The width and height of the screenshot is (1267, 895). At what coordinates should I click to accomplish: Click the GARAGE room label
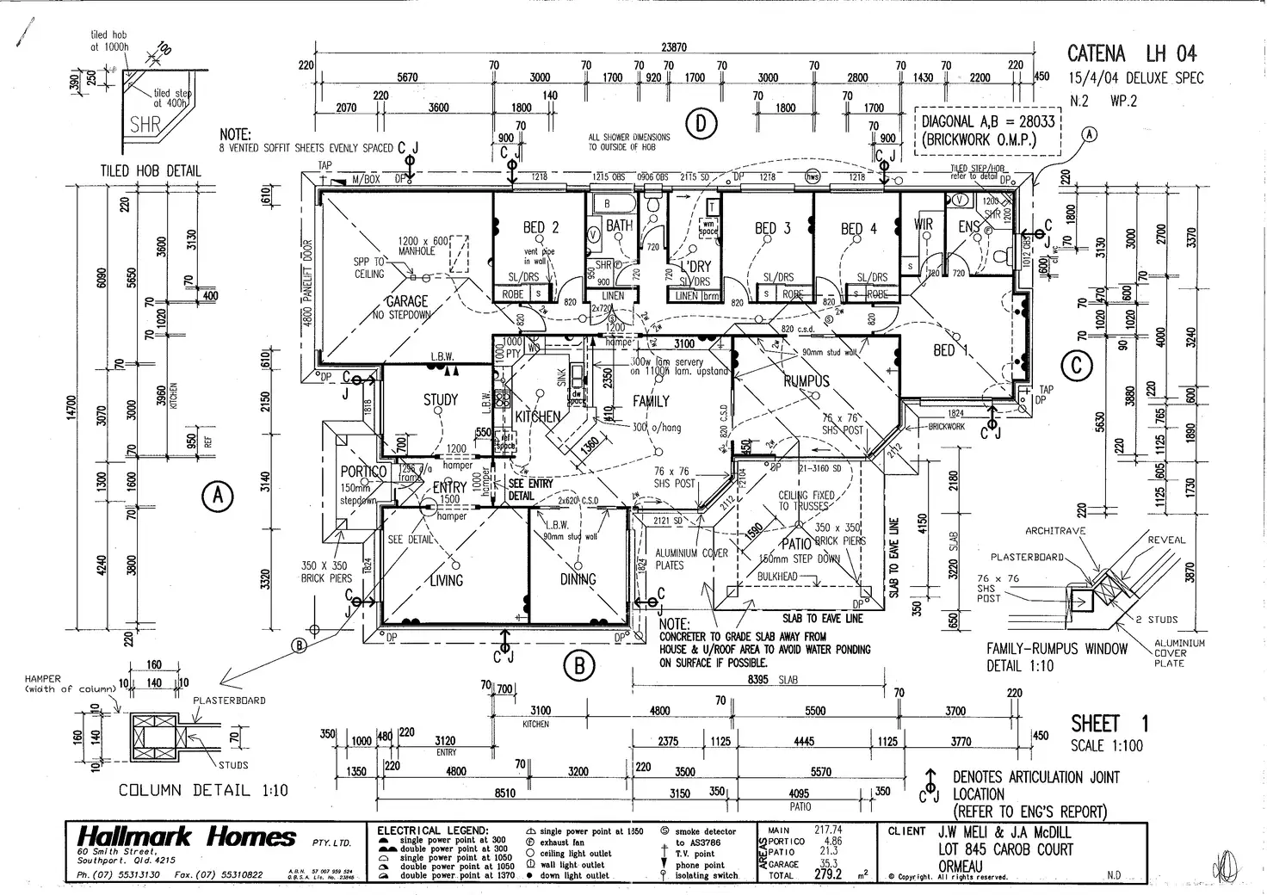click(x=406, y=301)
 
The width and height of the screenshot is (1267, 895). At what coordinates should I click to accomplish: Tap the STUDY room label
click(x=441, y=400)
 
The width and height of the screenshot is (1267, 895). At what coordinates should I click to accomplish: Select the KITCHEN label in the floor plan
click(x=538, y=417)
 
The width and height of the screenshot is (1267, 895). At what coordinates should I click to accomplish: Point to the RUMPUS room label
click(x=807, y=381)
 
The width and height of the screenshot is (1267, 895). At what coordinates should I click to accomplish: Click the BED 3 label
click(x=772, y=228)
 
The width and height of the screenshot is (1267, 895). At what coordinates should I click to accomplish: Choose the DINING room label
click(x=578, y=579)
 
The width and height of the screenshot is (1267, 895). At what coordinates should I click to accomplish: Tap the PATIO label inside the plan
click(x=796, y=543)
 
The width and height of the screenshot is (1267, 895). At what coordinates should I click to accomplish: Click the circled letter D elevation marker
click(x=701, y=125)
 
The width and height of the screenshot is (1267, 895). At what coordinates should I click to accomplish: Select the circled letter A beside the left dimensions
click(x=218, y=496)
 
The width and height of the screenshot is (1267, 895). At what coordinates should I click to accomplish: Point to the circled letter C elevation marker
click(x=1076, y=367)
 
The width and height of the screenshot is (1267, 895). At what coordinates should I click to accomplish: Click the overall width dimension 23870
click(x=674, y=48)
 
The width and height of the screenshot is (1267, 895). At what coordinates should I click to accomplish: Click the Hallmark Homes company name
click(x=186, y=836)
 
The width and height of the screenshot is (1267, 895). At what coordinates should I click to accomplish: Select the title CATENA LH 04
click(x=1131, y=53)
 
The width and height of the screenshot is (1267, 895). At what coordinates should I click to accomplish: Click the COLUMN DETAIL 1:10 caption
click(x=203, y=790)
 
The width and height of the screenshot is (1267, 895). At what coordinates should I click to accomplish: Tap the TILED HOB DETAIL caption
click(x=151, y=170)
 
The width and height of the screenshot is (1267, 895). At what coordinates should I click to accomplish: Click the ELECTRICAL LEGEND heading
click(x=433, y=830)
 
